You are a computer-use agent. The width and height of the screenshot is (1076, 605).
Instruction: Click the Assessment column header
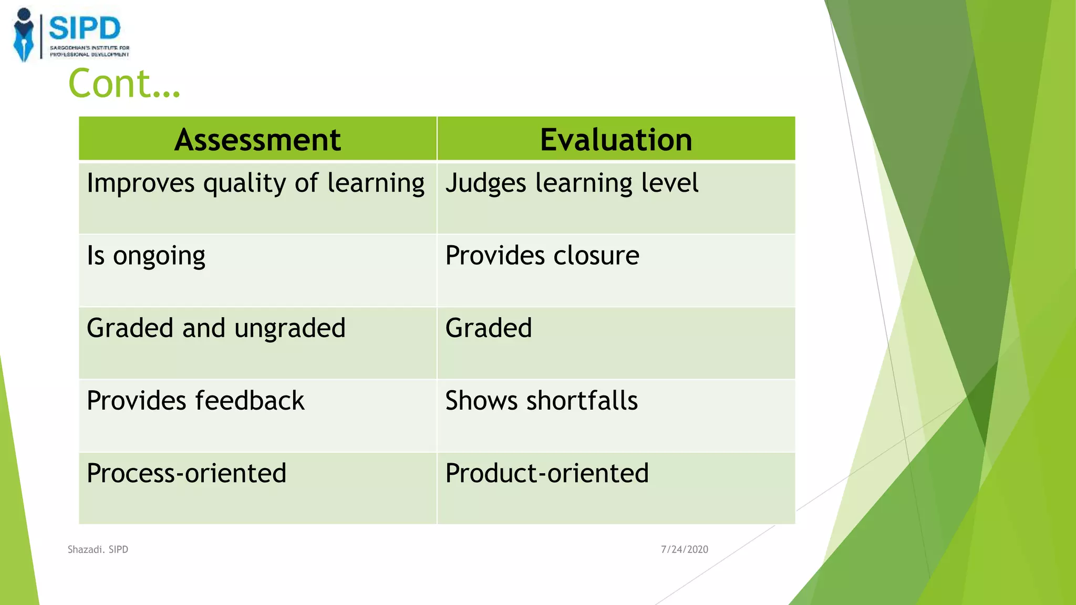(x=257, y=140)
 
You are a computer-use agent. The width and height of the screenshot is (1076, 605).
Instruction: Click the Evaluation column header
(x=616, y=140)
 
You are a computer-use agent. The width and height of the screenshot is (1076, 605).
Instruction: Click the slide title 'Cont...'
(x=125, y=84)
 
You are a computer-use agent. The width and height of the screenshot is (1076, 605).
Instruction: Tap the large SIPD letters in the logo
(x=85, y=28)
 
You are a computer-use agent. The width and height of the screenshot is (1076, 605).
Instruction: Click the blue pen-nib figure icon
(x=24, y=36)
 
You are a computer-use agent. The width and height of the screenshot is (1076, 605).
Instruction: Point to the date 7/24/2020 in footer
(x=684, y=549)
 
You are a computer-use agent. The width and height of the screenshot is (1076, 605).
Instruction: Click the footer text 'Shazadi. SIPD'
(x=98, y=549)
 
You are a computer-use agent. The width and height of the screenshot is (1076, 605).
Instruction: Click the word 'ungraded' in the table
(x=289, y=329)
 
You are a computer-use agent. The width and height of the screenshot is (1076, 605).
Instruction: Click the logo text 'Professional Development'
(x=89, y=54)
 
